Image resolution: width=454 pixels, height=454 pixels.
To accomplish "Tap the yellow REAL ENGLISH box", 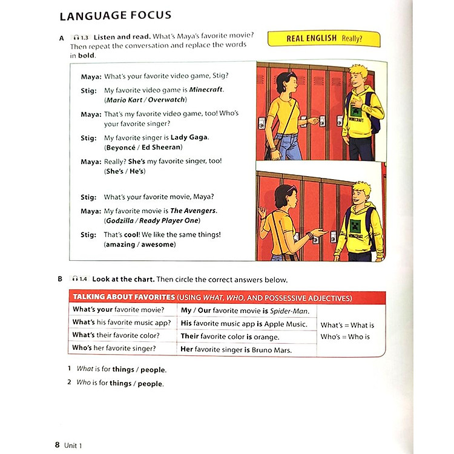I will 324,38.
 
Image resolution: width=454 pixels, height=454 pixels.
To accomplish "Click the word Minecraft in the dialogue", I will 206,90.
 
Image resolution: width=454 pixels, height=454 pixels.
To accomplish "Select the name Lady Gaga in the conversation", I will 189,137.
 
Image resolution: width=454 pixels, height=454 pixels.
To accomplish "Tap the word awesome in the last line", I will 158,245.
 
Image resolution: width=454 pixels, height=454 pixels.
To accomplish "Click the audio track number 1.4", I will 82,280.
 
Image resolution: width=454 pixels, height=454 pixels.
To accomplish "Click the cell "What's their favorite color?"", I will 116,335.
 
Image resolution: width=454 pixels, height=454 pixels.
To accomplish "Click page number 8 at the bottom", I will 58,428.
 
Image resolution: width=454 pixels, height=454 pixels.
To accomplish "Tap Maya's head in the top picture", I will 285,82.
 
